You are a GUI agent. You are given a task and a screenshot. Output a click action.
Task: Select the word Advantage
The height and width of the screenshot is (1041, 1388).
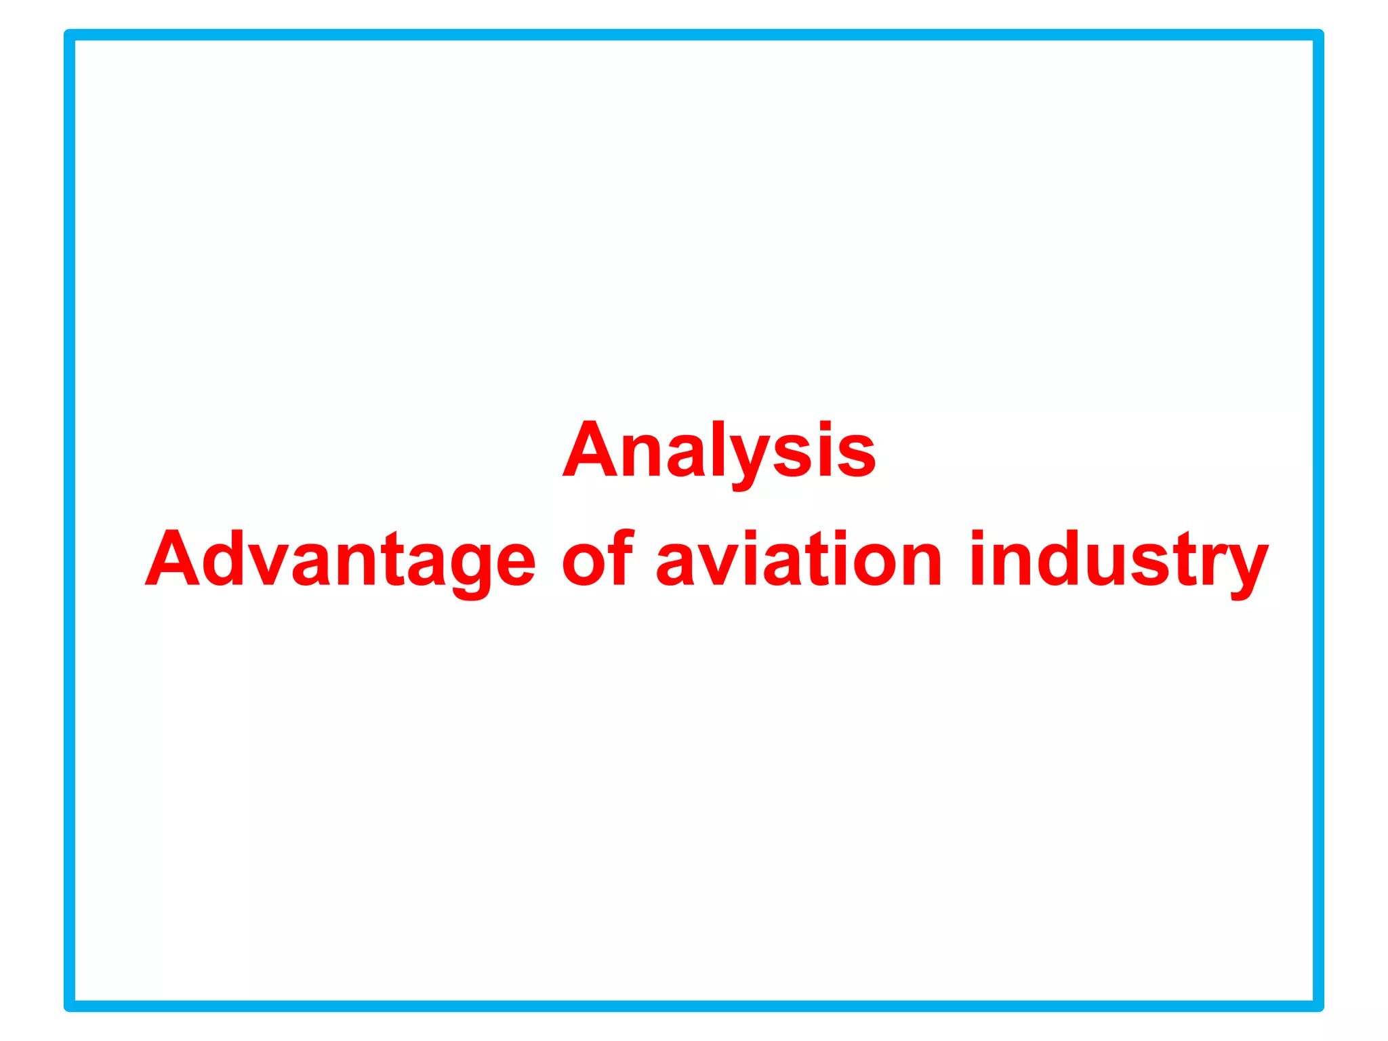click(340, 560)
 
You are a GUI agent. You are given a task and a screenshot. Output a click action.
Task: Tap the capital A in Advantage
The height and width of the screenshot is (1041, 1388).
click(173, 558)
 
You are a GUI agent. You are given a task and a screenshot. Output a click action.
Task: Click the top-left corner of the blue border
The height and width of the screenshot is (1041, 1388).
click(70, 35)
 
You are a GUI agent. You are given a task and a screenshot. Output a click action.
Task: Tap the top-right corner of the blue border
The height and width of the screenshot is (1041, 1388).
click(1318, 35)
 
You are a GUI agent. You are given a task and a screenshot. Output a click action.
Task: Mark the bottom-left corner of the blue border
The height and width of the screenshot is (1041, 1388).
click(70, 1006)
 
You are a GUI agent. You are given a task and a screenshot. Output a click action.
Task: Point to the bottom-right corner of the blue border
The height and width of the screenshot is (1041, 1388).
click(1318, 1006)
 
